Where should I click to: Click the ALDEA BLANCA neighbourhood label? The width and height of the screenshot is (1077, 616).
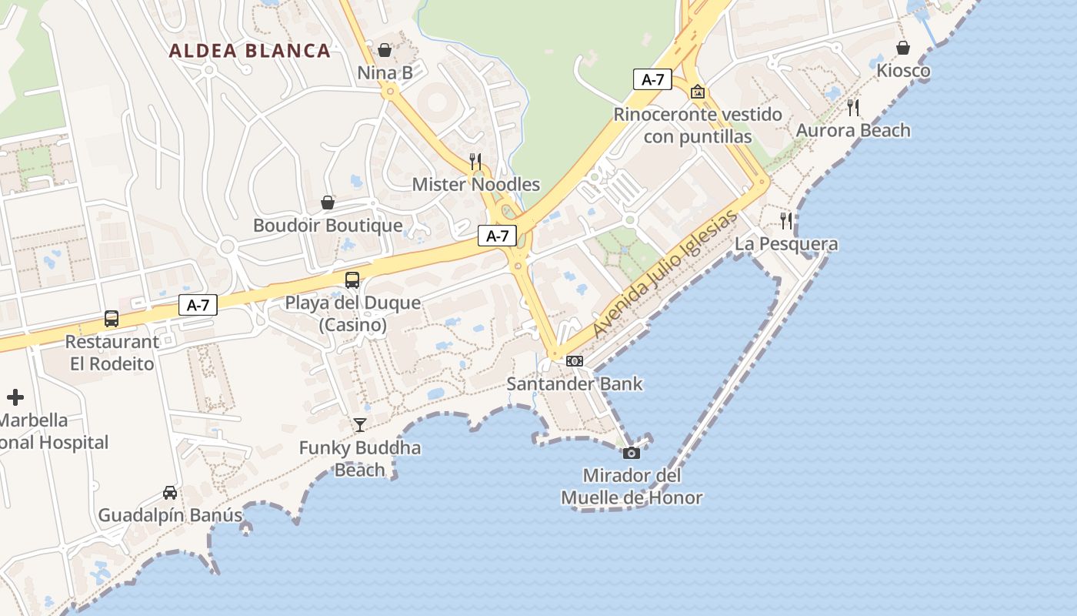coord(249,52)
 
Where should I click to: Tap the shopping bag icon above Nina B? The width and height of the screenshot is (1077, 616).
coord(385,50)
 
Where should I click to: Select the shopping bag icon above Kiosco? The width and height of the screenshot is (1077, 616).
coord(903,48)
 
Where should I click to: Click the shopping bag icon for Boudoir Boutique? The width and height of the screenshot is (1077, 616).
coord(328,203)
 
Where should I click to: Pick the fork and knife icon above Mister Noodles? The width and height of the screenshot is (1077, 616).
coord(475,161)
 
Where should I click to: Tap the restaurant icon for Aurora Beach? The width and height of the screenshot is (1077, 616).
coord(852,107)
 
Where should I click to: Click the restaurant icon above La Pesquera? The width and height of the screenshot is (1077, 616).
coord(785,221)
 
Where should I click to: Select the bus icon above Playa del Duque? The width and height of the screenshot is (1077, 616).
coord(352,280)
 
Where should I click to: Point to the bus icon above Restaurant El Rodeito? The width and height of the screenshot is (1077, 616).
coord(112,319)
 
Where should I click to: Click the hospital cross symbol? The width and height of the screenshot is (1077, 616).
coord(15,397)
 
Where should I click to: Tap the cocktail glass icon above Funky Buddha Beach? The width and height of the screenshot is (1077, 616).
coord(359,424)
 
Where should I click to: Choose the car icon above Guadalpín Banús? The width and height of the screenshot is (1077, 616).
coord(170,492)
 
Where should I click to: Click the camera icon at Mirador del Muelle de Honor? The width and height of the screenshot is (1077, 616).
coord(631,453)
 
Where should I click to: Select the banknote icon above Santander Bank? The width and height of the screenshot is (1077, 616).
coord(575,360)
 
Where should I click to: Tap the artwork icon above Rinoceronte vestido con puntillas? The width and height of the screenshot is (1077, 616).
coord(698,92)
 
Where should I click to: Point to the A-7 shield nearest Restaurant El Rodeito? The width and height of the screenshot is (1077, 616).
coord(198,305)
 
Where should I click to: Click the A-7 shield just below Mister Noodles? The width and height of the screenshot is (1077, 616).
coord(497,236)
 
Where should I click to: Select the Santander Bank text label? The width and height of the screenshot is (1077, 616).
coord(574,383)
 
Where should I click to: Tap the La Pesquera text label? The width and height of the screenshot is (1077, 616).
coord(786,244)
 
